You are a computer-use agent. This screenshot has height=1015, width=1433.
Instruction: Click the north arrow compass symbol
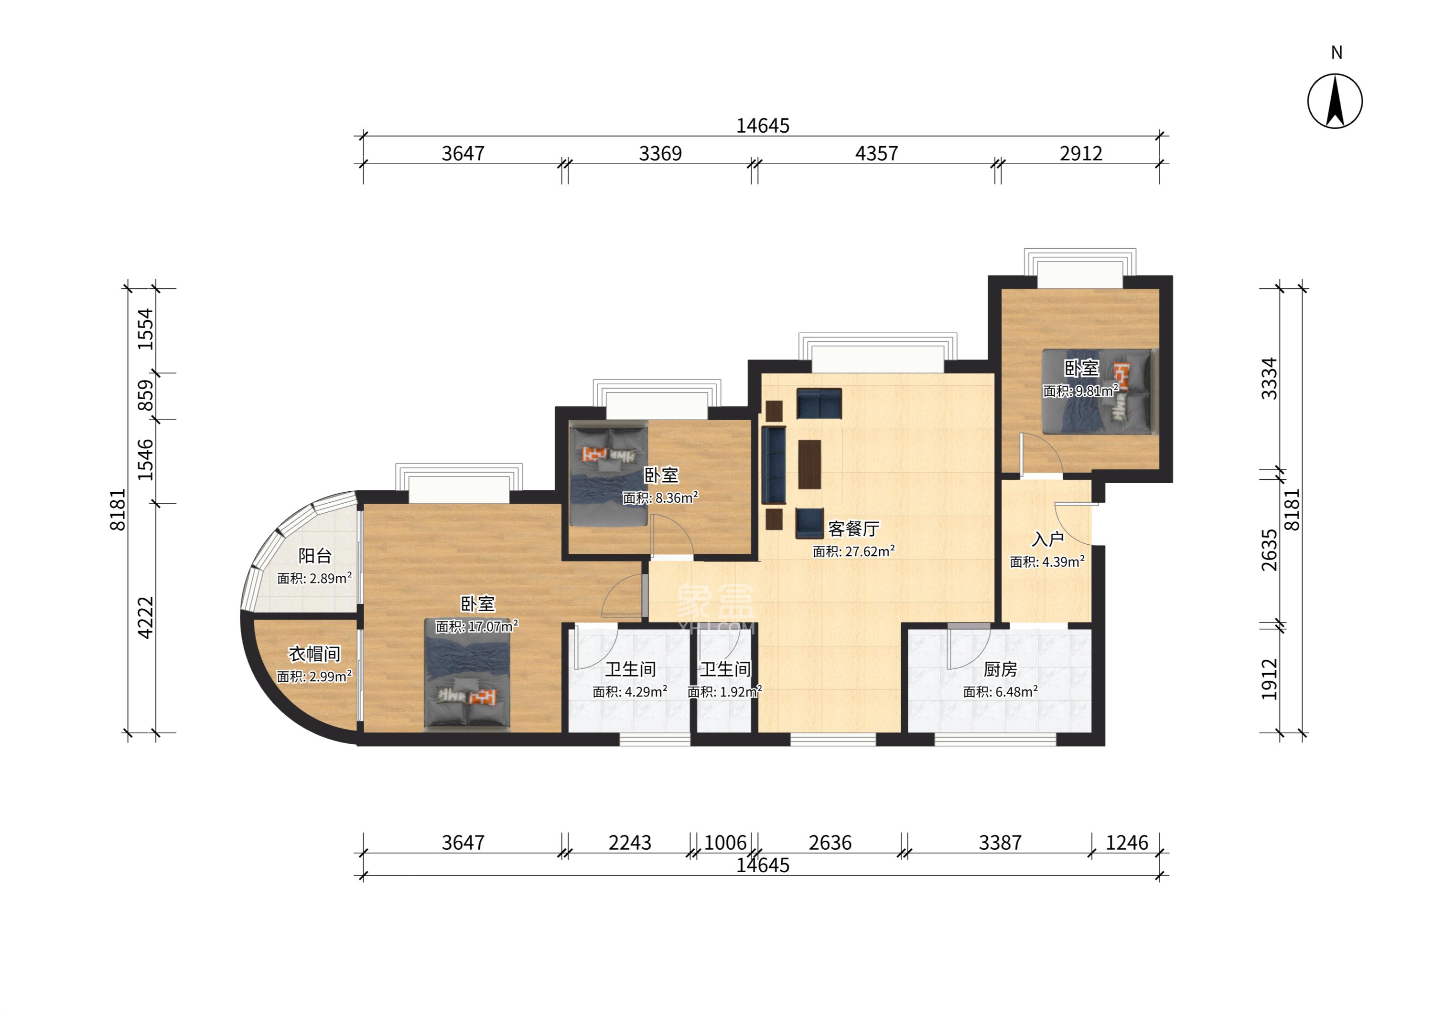[x=1335, y=101]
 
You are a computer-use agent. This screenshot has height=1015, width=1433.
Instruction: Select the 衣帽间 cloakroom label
[x=314, y=654]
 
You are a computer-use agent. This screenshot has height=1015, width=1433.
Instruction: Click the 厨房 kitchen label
[x=1000, y=669]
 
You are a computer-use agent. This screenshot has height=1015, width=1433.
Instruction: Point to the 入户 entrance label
[x=1048, y=539]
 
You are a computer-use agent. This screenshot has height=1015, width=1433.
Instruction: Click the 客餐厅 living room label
[x=854, y=529]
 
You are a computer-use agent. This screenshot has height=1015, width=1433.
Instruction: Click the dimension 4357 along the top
[x=876, y=153]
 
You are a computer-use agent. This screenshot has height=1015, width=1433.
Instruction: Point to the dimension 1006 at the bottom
[x=725, y=843]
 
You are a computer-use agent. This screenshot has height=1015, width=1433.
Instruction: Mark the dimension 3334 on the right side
[x=1269, y=378]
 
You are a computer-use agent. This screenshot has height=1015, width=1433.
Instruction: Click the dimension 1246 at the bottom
[x=1127, y=843]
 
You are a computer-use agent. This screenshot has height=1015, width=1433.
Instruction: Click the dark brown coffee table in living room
[x=809, y=464]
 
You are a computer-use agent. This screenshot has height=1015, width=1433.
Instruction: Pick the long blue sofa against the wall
[x=773, y=465]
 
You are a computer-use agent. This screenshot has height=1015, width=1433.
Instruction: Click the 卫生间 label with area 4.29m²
[x=630, y=669]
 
